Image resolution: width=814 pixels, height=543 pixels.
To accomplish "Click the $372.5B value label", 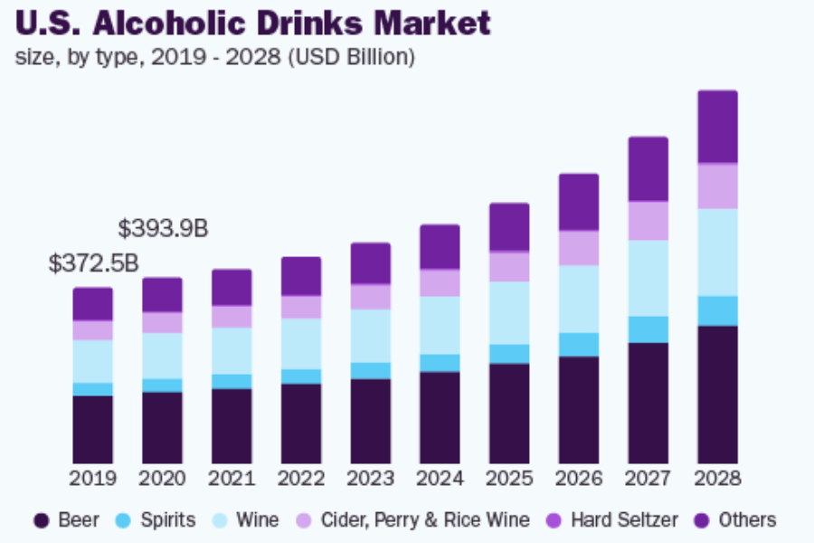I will pyautogui.click(x=93, y=264).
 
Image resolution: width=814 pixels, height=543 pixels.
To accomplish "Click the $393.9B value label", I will pyautogui.click(x=163, y=229).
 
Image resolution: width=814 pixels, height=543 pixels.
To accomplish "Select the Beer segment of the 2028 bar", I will pyautogui.click(x=717, y=394).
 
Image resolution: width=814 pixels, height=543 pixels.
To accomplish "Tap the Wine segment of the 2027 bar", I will pyautogui.click(x=648, y=278).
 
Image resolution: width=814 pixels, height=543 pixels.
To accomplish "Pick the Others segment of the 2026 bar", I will pyautogui.click(x=578, y=202).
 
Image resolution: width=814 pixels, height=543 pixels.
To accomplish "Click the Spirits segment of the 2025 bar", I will pyautogui.click(x=509, y=354).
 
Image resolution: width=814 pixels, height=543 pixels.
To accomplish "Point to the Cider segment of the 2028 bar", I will pyautogui.click(x=717, y=186).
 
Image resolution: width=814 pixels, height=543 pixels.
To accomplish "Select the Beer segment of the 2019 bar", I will pyautogui.click(x=93, y=429).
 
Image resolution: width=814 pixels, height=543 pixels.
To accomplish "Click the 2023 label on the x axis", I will pyautogui.click(x=371, y=479).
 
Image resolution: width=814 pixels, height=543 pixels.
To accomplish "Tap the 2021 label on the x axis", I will pyautogui.click(x=232, y=479).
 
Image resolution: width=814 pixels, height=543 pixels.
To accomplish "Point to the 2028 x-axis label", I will pyautogui.click(x=717, y=479).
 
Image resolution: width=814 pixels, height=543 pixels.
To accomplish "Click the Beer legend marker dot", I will pyautogui.click(x=41, y=520).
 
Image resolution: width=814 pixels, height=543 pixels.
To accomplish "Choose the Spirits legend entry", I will pyautogui.click(x=156, y=520).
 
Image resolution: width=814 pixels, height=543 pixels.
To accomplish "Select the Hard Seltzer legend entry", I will pyautogui.click(x=612, y=520).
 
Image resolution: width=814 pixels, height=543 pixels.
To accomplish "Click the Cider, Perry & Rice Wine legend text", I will pyautogui.click(x=425, y=520).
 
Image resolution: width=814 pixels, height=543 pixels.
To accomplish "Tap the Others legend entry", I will pyautogui.click(x=736, y=520).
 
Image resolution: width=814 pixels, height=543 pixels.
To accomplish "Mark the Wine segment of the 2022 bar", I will pyautogui.click(x=301, y=344).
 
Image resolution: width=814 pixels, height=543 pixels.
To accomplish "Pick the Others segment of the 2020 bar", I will pyautogui.click(x=163, y=295).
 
